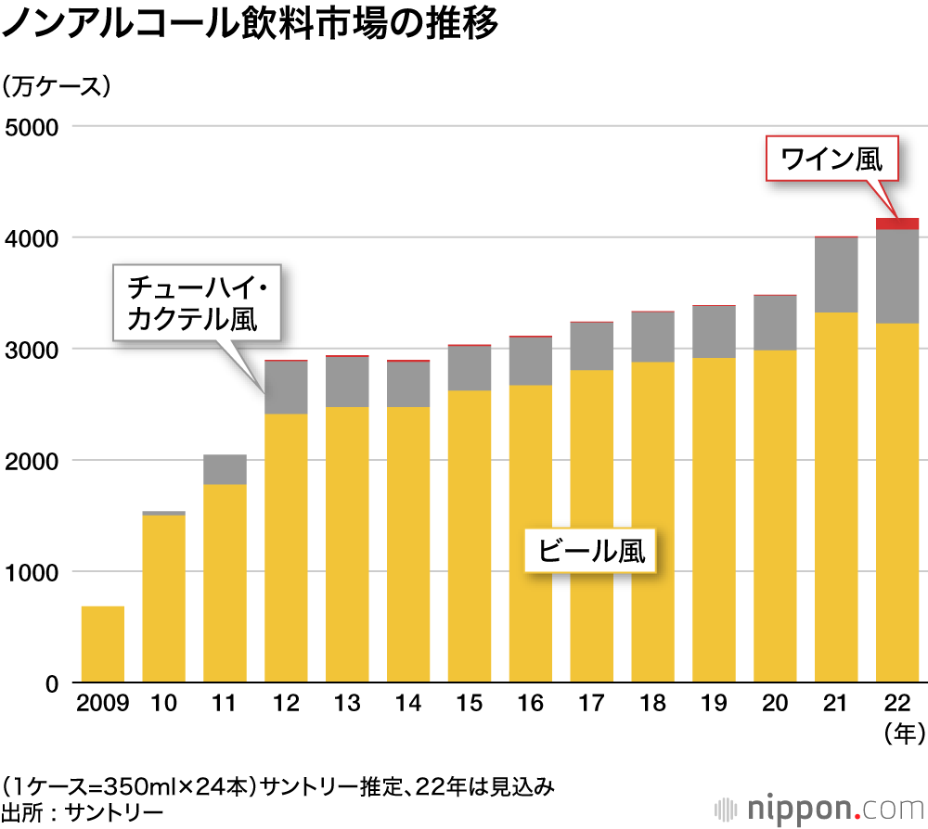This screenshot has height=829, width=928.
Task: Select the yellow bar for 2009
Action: coord(103,644)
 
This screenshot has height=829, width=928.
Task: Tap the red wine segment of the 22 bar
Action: coord(897,223)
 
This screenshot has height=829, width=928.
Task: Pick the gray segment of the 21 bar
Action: coord(836,275)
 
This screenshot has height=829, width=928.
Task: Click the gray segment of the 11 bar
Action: coord(226,469)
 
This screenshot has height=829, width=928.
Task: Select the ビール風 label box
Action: coord(592,552)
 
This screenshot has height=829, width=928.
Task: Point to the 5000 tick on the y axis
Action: coord(32,126)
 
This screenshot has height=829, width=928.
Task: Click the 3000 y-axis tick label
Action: coord(32,350)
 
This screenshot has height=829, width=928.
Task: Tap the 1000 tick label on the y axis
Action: coord(32,572)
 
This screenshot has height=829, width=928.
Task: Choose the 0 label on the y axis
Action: coord(52,683)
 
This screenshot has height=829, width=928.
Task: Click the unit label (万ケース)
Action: coord(57,87)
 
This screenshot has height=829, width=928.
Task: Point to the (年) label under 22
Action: coord(897,734)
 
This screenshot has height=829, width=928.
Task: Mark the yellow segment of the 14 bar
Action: coord(408,547)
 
